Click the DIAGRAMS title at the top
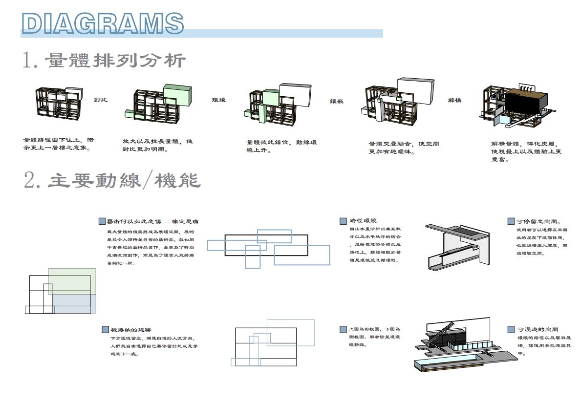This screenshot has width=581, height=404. (103, 23)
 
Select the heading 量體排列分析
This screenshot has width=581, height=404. (105, 61)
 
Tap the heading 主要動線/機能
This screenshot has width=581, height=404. (112, 180)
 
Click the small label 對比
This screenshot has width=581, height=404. (101, 100)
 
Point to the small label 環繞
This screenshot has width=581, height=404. (218, 100)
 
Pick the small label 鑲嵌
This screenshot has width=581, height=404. (337, 101)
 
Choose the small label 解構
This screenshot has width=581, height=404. (454, 100)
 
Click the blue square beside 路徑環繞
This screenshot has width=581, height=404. (343, 221)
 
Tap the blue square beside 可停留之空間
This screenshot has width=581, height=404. (511, 221)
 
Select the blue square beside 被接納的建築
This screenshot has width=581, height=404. (105, 330)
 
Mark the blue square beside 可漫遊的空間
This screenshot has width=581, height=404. (511, 330)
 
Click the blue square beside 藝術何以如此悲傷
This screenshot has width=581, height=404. (102, 221)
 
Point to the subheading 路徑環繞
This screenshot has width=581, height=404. (364, 221)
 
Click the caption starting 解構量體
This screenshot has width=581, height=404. (526, 151)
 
